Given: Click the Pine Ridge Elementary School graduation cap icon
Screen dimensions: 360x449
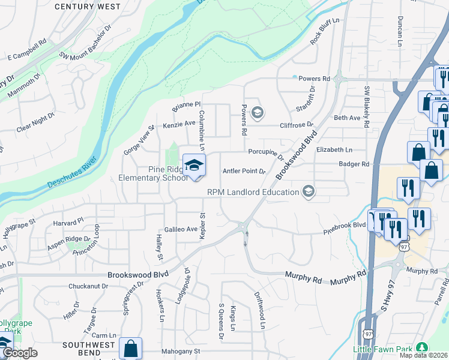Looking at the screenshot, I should coord(194,165).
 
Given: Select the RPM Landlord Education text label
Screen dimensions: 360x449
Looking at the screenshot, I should coord(253,192).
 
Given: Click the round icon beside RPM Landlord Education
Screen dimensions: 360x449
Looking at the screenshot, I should coord(309,191).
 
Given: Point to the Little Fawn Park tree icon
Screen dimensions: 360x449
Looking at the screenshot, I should coord(422,347).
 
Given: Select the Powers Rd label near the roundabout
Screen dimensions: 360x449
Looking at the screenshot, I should coord(315,79).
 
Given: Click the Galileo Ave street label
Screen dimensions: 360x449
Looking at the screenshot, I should coord(181,229).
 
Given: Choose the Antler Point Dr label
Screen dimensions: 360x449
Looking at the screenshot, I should coord(244,171).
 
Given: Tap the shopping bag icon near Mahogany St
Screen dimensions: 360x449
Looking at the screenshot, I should coord(130,349).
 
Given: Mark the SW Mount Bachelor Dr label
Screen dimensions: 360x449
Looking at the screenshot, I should coord(86,49).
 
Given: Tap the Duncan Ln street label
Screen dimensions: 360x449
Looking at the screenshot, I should coord(400,31).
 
